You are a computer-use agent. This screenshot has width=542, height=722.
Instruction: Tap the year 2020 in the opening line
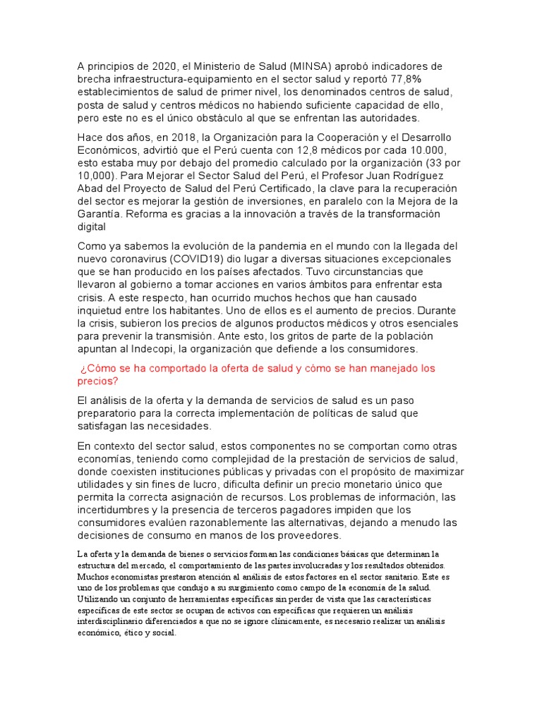[x=167, y=66]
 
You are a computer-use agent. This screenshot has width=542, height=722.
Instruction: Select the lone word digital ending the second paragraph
[x=91, y=227]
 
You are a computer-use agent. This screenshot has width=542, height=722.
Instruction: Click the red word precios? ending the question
[x=97, y=381]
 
